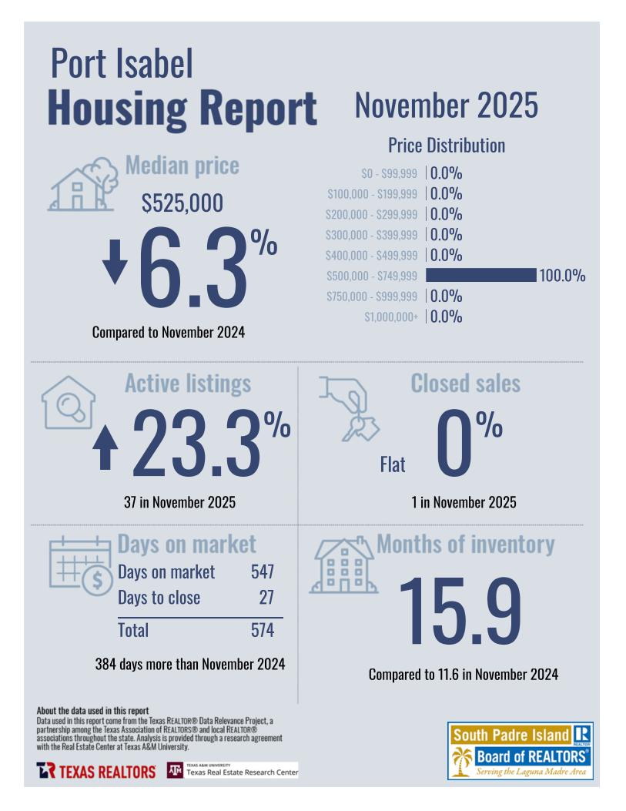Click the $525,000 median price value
182,203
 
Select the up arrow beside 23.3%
105,448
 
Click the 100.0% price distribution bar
480,275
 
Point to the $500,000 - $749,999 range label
372,276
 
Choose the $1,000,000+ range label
391,317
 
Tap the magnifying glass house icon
69,402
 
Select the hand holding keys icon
347,407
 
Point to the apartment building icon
341,567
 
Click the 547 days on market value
263,572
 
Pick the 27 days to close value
266,598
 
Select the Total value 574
263,630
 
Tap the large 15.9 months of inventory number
460,611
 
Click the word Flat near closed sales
392,464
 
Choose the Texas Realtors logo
96,771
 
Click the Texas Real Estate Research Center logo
233,770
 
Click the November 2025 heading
446,106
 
